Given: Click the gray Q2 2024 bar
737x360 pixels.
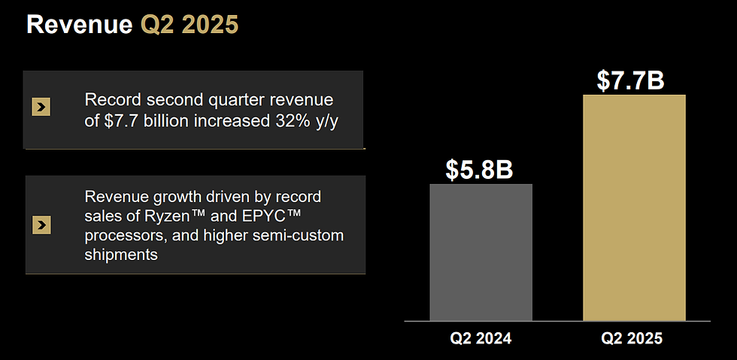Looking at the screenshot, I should pyautogui.click(x=481, y=252).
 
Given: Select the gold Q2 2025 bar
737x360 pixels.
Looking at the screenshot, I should pyautogui.click(x=634, y=207).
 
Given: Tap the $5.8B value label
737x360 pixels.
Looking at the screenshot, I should pyautogui.click(x=479, y=169).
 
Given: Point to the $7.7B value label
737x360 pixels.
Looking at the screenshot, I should pyautogui.click(x=630, y=80).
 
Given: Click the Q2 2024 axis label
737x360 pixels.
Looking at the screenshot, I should pyautogui.click(x=481, y=338).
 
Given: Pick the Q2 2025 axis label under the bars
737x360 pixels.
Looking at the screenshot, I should pyautogui.click(x=632, y=338).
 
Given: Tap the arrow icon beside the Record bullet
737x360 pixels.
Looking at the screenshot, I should pyautogui.click(x=41, y=108).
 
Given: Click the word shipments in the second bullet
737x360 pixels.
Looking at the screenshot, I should pyautogui.click(x=121, y=255).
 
